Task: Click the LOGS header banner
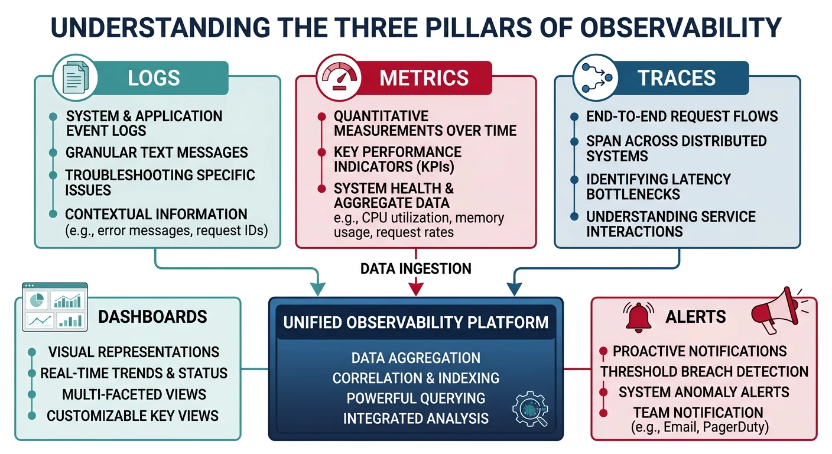pos(154,77)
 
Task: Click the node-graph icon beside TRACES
pos(593,77)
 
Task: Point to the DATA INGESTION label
pos(415,268)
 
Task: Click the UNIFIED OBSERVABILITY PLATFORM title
pos(415,323)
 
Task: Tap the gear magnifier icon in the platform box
pos(529,408)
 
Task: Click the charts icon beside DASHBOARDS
pos(54,306)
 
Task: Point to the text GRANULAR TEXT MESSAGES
pos(157,153)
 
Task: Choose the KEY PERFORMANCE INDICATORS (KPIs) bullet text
pos(397,159)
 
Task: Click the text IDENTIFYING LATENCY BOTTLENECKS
pos(658,186)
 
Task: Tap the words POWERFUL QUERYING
pos(415,398)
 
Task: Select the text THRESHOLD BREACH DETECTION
pos(704,371)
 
